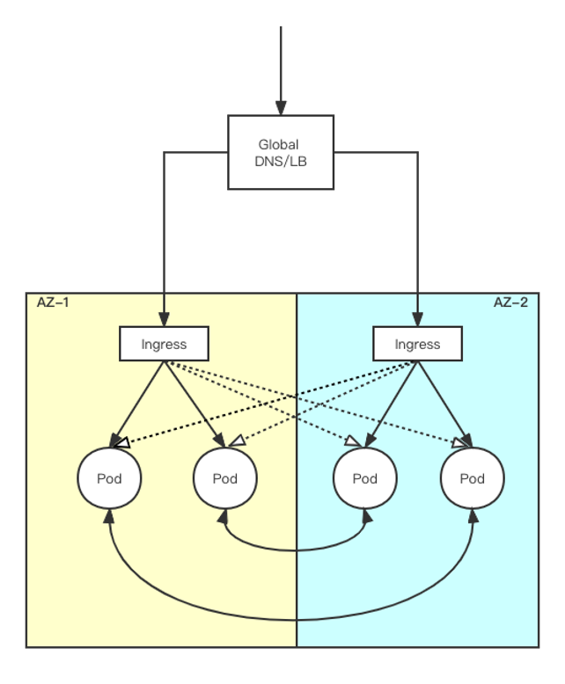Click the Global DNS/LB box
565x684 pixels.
pos(281,152)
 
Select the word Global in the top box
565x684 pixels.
pos(278,144)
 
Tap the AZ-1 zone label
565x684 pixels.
pos(53,302)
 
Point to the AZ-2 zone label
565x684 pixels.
pos(510,302)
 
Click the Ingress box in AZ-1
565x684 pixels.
pos(164,344)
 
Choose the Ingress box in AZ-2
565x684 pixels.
pos(417,344)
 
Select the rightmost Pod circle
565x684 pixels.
pos(473,478)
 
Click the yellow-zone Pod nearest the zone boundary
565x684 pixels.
pos(225,478)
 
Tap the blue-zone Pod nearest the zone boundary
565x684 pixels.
pos(364,478)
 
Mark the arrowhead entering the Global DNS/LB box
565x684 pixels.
pos(281,107)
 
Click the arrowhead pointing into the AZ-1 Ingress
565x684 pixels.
pos(164,320)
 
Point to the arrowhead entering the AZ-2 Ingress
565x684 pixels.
pos(417,320)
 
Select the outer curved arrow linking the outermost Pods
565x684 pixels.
pos(290,620)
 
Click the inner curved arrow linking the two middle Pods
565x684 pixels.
pos(295,550)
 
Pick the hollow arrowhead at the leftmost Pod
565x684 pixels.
pos(122,444)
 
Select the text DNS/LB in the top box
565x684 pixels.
pos(281,162)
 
